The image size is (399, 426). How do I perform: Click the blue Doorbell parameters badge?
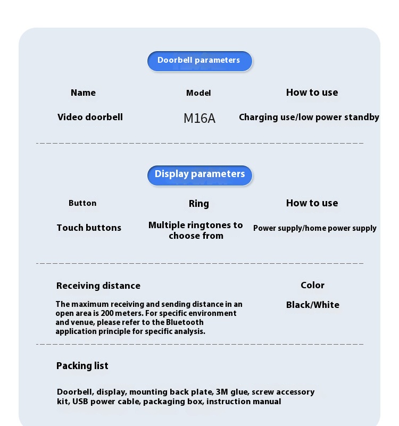pyautogui.click(x=199, y=61)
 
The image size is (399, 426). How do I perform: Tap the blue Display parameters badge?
pyautogui.click(x=199, y=174)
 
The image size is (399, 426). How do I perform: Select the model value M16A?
pyautogui.click(x=199, y=118)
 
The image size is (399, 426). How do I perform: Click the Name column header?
pyautogui.click(x=83, y=93)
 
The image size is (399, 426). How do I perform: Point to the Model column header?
pyautogui.click(x=198, y=93)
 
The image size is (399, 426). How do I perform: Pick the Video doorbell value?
pyautogui.click(x=90, y=117)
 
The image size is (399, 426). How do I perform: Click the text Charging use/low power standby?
pyautogui.click(x=309, y=117)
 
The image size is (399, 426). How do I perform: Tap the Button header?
pyautogui.click(x=82, y=203)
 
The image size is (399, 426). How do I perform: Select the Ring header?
pyautogui.click(x=199, y=204)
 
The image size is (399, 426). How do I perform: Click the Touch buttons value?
pyautogui.click(x=89, y=228)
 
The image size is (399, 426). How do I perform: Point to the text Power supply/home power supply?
pyautogui.click(x=314, y=228)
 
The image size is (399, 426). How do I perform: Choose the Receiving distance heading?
pyautogui.click(x=98, y=286)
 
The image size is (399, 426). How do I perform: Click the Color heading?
pyautogui.click(x=312, y=285)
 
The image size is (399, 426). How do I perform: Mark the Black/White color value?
pyautogui.click(x=312, y=305)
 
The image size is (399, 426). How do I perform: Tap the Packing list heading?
pyautogui.click(x=82, y=366)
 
